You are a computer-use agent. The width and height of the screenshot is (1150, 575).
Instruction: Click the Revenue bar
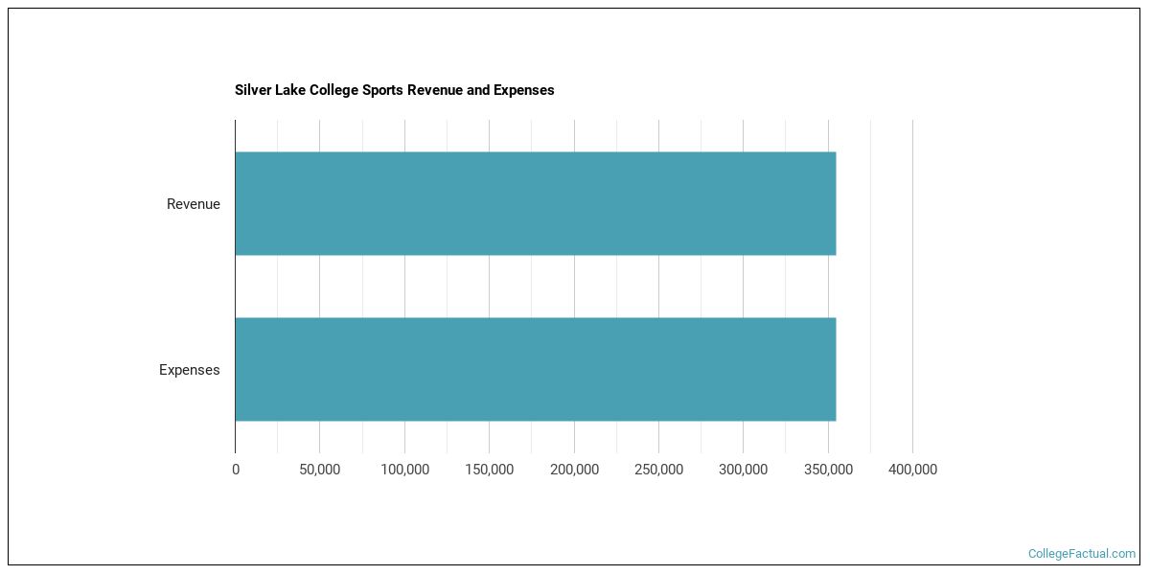point(535,203)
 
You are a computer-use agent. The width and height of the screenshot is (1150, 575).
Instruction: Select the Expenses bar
point(535,369)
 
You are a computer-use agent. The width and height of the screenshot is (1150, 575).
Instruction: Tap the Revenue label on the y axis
point(193,204)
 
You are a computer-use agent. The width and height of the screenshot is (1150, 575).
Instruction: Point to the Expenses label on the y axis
point(189,370)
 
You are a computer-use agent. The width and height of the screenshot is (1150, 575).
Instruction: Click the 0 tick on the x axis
point(236,470)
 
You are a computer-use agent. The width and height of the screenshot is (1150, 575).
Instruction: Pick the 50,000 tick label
point(319,470)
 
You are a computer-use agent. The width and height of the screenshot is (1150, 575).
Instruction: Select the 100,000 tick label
point(404,470)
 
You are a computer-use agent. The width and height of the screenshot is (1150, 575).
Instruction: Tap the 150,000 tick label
point(489,470)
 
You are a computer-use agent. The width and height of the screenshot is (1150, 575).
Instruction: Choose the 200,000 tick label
point(574,470)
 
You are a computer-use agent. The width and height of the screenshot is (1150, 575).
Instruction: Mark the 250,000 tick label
point(658,470)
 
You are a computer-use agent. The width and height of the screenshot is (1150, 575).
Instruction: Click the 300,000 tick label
point(743,470)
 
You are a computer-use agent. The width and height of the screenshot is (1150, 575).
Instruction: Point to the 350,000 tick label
point(828,470)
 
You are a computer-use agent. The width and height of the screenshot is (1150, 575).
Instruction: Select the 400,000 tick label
point(912,470)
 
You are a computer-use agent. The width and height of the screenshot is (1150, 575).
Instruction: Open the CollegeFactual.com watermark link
point(1081,554)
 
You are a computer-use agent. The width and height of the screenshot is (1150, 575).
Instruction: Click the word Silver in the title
point(253,90)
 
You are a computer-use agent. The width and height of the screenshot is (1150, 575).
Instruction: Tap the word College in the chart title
point(333,90)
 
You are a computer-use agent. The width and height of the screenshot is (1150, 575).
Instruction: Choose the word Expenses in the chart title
point(524,90)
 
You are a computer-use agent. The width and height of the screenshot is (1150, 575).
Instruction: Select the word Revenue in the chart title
point(435,90)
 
